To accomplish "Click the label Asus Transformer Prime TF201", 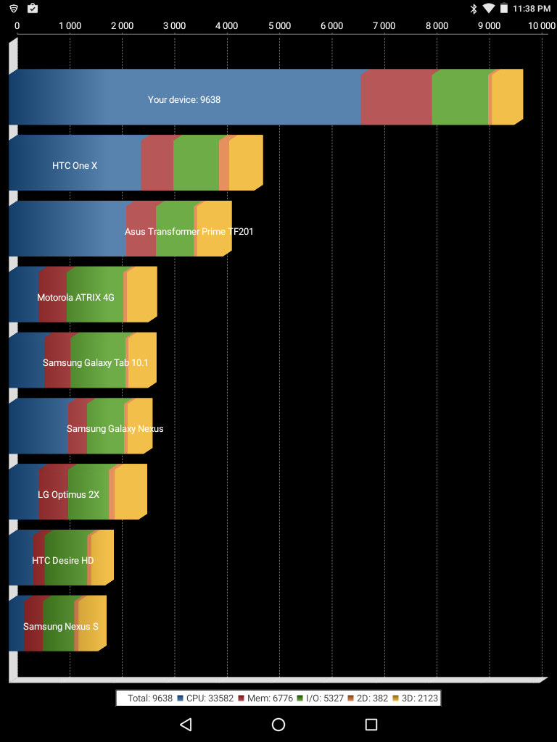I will pos(189,232).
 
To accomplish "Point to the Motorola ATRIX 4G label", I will pos(75,297).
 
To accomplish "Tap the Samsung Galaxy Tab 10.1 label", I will pos(95,362).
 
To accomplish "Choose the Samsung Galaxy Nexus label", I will pos(115,428).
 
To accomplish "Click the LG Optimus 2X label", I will pos(68,494).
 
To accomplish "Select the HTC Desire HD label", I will pos(62,560).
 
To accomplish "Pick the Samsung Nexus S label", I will pos(60,626).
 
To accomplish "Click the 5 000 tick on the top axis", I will pos(279,25).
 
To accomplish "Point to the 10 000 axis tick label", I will pos(541,25).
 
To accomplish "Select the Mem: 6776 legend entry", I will pos(268,698).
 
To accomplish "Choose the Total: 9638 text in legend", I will pos(149,698).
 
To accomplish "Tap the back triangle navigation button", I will pos(186,725).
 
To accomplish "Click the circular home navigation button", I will pos(278,725).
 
